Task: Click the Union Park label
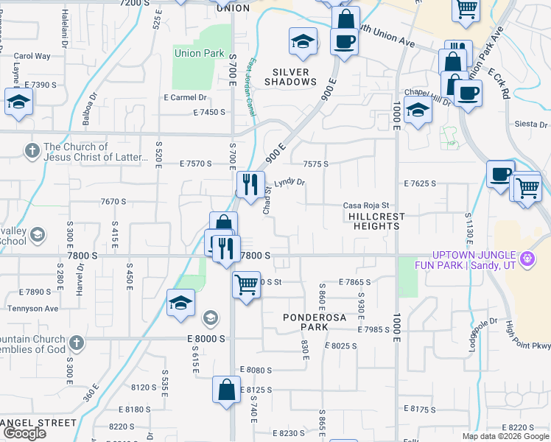pos(198,53)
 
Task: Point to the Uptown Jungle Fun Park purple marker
pos(527,259)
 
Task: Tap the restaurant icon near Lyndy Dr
pos(250,184)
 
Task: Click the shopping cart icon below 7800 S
pos(246,284)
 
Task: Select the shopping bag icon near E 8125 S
pos(226,389)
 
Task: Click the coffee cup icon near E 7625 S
pos(501,174)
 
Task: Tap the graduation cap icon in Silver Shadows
pos(302,42)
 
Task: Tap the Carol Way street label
pos(32,56)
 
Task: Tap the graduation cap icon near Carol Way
pos(18,102)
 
